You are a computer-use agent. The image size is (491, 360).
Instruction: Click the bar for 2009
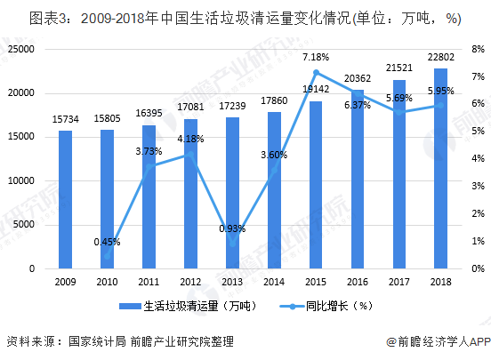click(x=65, y=199)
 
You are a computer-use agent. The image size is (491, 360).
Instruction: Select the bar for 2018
click(x=440, y=168)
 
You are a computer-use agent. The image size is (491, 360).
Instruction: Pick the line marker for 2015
click(x=316, y=72)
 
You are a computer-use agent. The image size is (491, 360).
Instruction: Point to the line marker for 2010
click(x=107, y=256)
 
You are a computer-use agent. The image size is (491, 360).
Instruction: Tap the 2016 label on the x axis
click(x=358, y=282)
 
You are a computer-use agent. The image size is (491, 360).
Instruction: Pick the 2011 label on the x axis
click(x=149, y=282)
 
